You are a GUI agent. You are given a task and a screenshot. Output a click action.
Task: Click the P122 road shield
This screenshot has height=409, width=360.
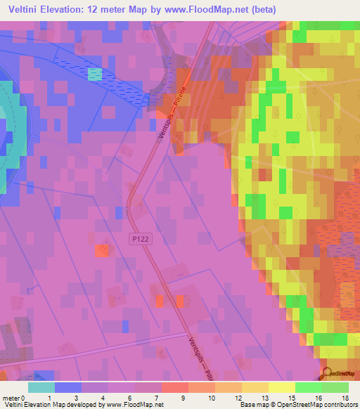coord(141,240)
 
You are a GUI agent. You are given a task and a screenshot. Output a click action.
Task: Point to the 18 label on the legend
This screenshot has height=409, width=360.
coord(345,398)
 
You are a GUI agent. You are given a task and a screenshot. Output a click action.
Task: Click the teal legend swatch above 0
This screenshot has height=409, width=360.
coord(41,387)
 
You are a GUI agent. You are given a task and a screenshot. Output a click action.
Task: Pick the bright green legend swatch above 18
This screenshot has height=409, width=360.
coord(335,387)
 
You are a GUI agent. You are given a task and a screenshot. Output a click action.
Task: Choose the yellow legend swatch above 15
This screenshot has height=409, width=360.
coord(281,387)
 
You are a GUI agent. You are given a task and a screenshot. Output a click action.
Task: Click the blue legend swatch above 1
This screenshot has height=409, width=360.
coord(68,387)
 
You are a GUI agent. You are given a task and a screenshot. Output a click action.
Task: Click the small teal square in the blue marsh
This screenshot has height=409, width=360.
coord(95,74)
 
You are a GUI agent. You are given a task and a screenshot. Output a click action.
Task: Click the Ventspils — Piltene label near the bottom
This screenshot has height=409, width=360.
coord(201,355)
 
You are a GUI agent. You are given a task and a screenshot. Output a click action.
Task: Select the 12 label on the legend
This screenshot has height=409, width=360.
coord(240,398)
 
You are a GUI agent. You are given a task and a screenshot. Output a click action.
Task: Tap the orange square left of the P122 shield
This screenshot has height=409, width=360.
coord(103,249)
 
